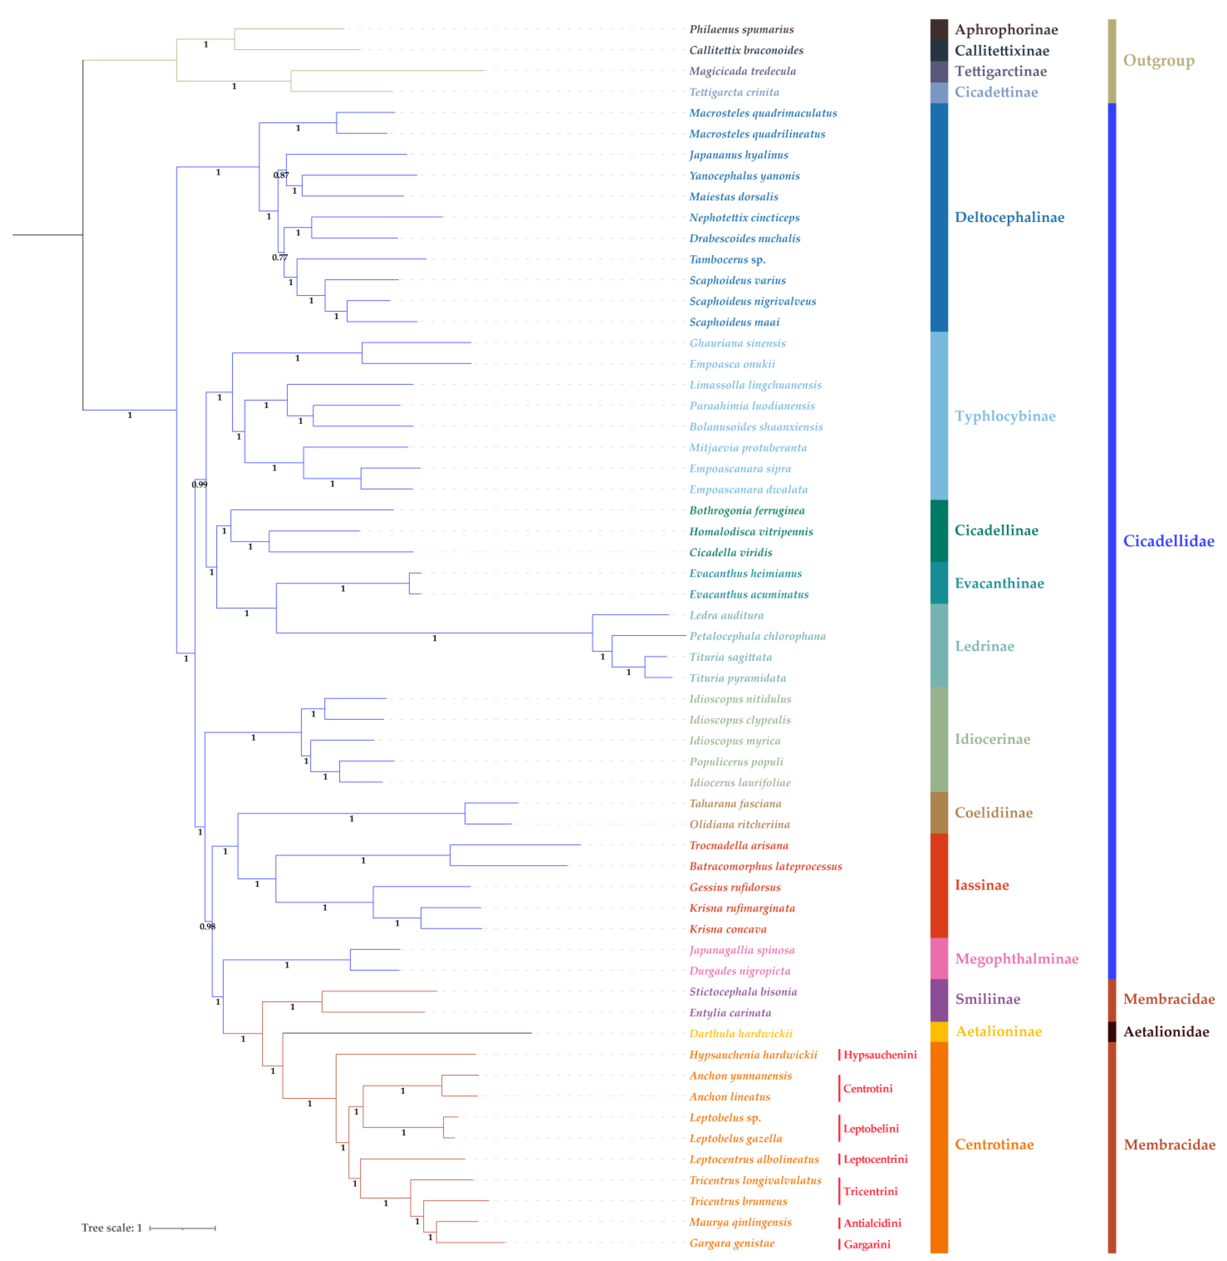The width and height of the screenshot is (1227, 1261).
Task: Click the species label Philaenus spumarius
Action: pyautogui.click(x=741, y=30)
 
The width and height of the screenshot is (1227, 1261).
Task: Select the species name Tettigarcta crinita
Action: pyautogui.click(x=734, y=92)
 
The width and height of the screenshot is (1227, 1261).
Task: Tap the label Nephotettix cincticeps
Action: pyautogui.click(x=744, y=218)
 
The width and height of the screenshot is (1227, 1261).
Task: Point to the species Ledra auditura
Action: pyautogui.click(x=726, y=615)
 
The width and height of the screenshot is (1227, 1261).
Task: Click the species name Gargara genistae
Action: pyautogui.click(x=731, y=1243)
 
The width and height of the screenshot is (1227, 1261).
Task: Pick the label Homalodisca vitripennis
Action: pyautogui.click(x=751, y=532)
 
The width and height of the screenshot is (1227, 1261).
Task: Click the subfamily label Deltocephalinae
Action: pyautogui.click(x=1009, y=218)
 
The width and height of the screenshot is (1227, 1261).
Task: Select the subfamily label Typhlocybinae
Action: pyautogui.click(x=1005, y=416)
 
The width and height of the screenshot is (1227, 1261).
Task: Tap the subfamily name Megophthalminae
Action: pyautogui.click(x=1016, y=959)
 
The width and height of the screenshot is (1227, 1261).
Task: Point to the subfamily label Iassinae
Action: pyautogui.click(x=982, y=885)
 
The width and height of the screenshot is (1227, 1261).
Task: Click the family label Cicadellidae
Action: pyautogui.click(x=1168, y=541)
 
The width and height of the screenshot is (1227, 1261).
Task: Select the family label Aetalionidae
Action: pyautogui.click(x=1166, y=1032)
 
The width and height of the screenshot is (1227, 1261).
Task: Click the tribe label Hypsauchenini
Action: pyautogui.click(x=880, y=1055)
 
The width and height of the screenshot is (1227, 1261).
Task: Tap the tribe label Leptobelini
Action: pyautogui.click(x=871, y=1129)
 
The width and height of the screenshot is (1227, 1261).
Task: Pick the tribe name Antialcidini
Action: pyautogui.click(x=872, y=1223)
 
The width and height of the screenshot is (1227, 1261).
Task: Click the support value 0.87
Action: pyautogui.click(x=281, y=175)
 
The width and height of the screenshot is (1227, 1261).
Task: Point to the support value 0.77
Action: pyautogui.click(x=280, y=258)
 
